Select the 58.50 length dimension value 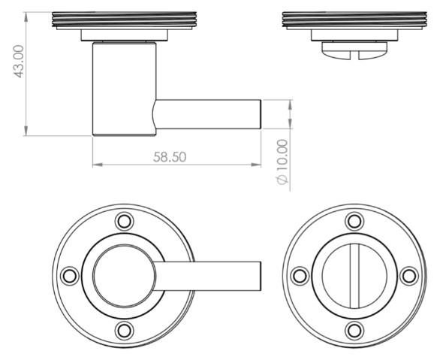tap(170, 156)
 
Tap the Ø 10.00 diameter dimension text tap(282, 162)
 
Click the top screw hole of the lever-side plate tap(123, 221)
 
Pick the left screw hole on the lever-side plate tap(69, 276)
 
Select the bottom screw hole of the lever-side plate tap(123, 330)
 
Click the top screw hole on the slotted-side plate tap(354, 221)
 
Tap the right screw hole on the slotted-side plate tap(408, 276)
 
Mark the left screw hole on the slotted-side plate tap(299, 276)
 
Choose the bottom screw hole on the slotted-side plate tap(354, 330)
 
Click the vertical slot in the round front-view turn tap(354, 275)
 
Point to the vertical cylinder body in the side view tap(124, 89)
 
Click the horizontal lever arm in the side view tap(210, 113)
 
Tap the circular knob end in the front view tap(123, 275)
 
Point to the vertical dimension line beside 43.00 tap(26, 75)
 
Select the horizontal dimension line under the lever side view tap(176, 165)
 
